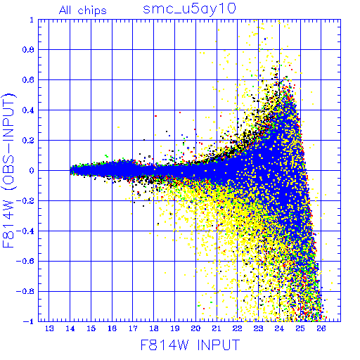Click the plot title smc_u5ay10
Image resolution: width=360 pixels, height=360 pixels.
189,9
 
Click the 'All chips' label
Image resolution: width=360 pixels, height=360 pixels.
83,11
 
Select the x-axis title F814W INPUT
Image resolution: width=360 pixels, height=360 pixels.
190,345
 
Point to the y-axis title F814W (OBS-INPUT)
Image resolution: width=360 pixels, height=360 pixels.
8,170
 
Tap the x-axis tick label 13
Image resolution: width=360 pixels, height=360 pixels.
49,328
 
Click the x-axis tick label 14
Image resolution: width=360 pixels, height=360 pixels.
70,328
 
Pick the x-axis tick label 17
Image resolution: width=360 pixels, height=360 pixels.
133,328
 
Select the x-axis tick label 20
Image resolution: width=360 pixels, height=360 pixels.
195,328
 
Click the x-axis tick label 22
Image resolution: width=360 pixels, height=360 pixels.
238,328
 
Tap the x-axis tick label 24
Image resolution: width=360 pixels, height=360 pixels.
279,328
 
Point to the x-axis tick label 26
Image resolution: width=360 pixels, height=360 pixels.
321,328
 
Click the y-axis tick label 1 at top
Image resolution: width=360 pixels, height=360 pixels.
32,20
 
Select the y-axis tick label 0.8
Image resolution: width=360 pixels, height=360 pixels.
28,50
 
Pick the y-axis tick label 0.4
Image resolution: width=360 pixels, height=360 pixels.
28,110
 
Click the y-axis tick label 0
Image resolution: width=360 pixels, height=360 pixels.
32,170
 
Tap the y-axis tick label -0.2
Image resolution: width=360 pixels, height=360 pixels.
25,201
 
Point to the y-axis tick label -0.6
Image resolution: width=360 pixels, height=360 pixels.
25,261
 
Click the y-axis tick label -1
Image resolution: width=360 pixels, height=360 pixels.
29,321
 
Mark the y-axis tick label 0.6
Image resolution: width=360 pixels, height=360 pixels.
28,80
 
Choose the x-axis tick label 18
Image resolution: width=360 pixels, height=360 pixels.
154,328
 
